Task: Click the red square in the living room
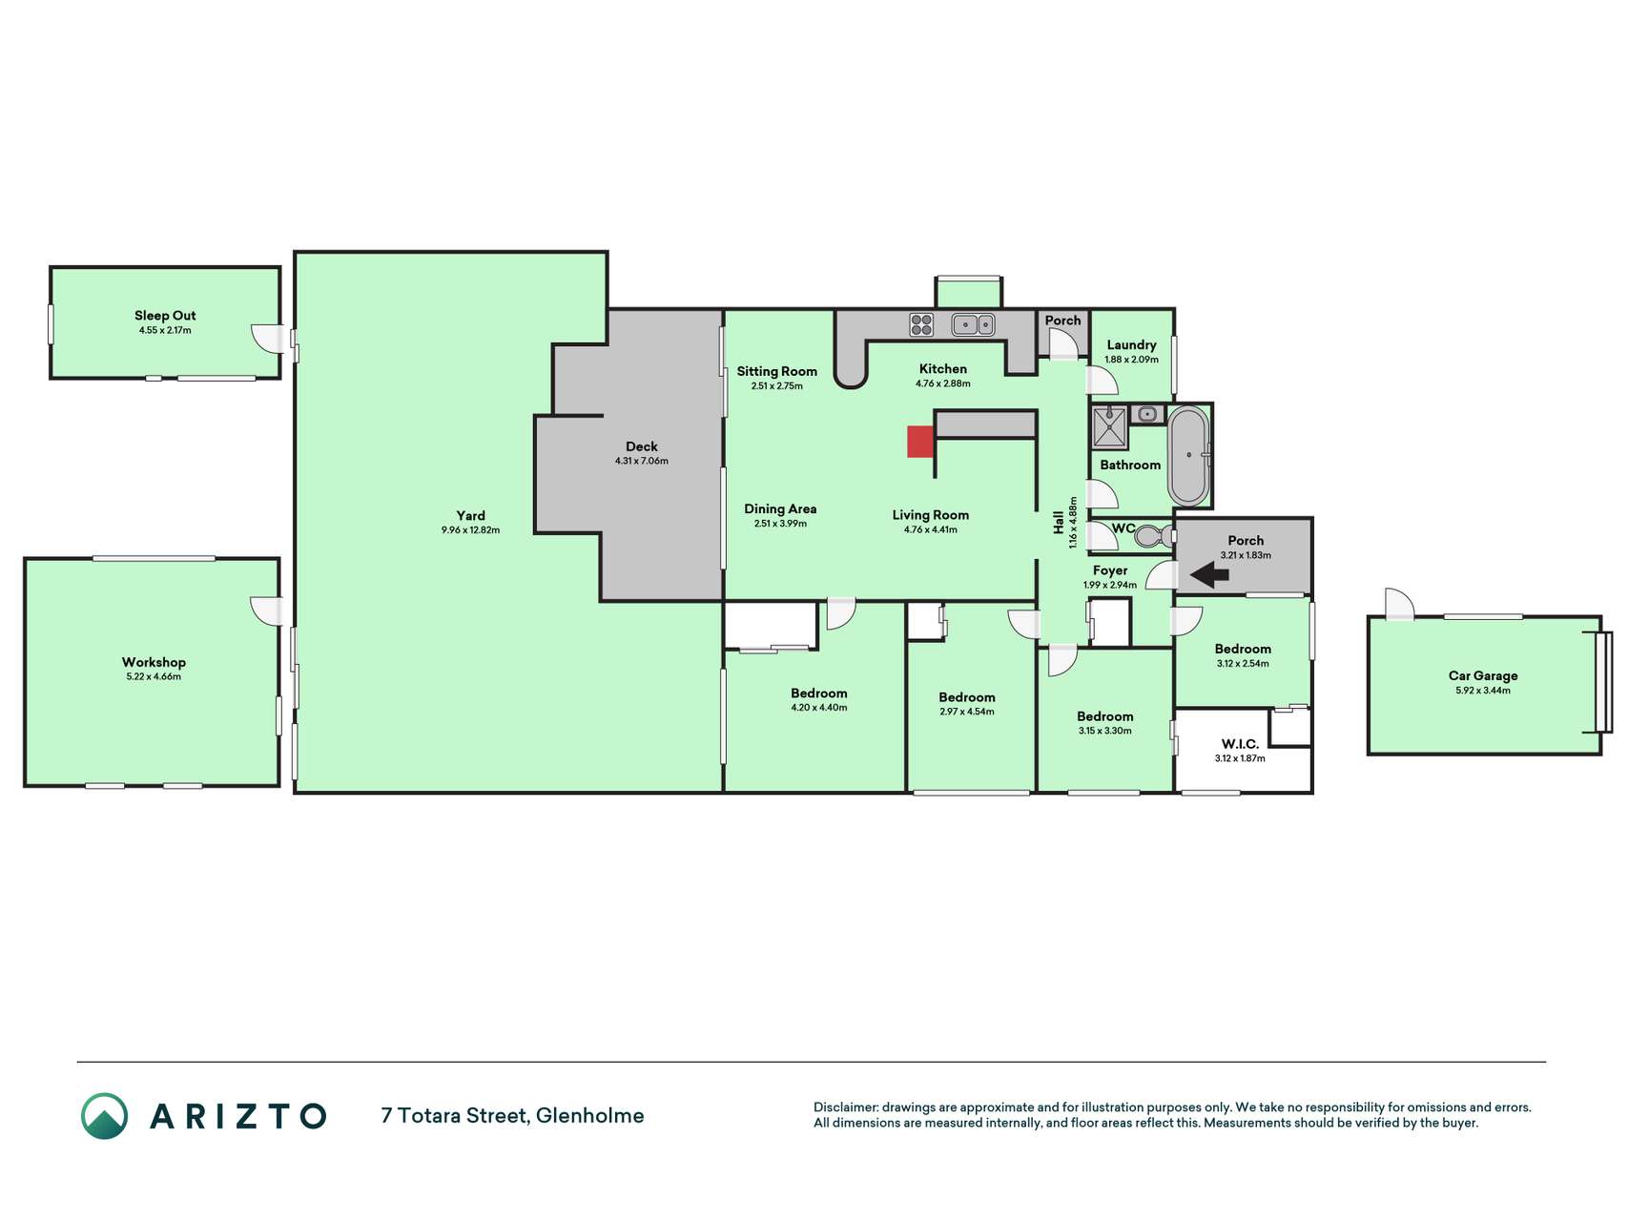click(919, 442)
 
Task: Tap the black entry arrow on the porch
click(1209, 574)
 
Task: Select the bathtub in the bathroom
click(1188, 456)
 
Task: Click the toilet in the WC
click(1154, 536)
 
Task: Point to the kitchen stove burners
click(921, 324)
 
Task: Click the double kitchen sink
click(973, 324)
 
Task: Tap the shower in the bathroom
click(1109, 427)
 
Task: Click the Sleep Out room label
click(165, 316)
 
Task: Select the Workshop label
click(154, 662)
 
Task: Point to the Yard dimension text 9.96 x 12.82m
click(470, 530)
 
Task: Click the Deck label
click(642, 446)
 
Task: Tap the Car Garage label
click(1483, 675)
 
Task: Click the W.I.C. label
click(1240, 744)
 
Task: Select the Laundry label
click(1131, 345)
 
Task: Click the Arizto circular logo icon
click(104, 1116)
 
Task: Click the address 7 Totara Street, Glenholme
click(512, 1115)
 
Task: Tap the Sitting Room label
click(776, 371)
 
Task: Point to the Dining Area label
click(780, 508)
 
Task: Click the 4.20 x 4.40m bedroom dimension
click(819, 708)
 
